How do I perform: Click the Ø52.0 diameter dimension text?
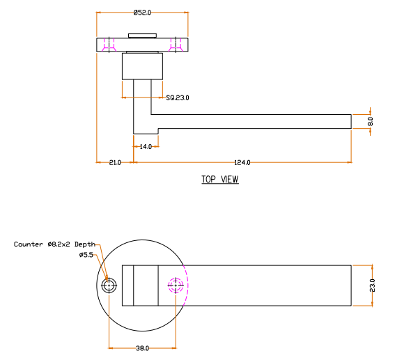[x=142, y=13]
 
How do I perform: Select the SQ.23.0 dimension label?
[x=178, y=97]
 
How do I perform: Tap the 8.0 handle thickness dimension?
[x=371, y=121]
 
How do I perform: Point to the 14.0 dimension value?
[x=146, y=147]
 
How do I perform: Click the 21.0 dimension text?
[x=115, y=163]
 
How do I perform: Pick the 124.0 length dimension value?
[x=242, y=163]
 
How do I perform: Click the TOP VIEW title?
[x=220, y=180]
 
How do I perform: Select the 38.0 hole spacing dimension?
[x=142, y=348]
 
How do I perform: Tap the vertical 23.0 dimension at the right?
[x=373, y=285]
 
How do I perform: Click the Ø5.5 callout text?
[x=86, y=255]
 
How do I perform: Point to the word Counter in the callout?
[x=29, y=244]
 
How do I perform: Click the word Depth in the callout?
[x=85, y=244]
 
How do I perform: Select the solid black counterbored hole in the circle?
[x=109, y=285]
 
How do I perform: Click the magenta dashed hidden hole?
[x=176, y=285]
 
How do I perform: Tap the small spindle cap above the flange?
[x=142, y=36]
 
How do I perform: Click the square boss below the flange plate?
[x=142, y=66]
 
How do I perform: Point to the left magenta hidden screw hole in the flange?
[x=109, y=45]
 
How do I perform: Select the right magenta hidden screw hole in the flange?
[x=176, y=45]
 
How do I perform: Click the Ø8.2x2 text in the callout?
[x=59, y=244]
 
